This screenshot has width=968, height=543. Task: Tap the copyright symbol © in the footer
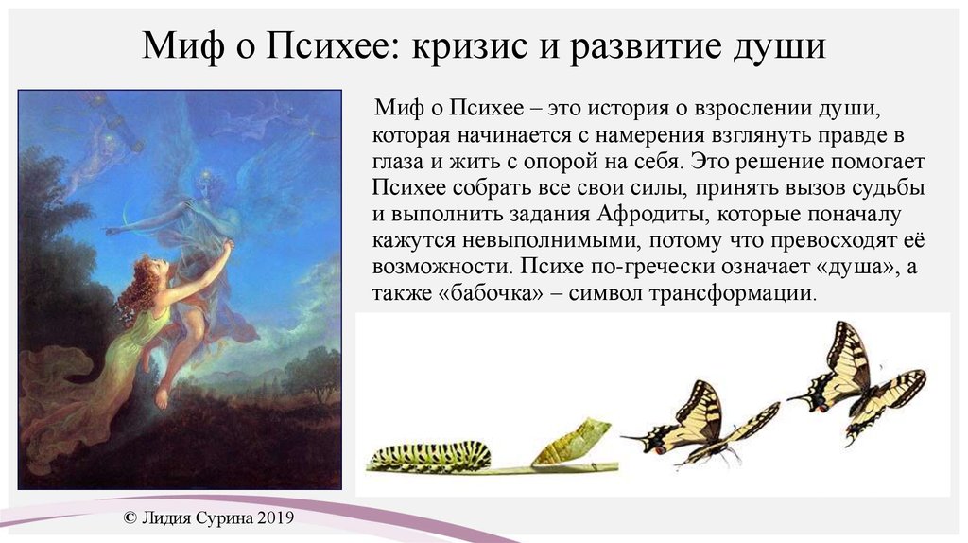tap(130, 517)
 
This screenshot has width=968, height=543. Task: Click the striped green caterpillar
tap(430, 456)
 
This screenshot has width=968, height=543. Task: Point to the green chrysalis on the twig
tap(570, 441)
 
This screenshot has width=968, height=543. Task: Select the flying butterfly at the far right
tap(858, 383)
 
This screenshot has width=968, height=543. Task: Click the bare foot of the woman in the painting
tap(162, 398)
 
